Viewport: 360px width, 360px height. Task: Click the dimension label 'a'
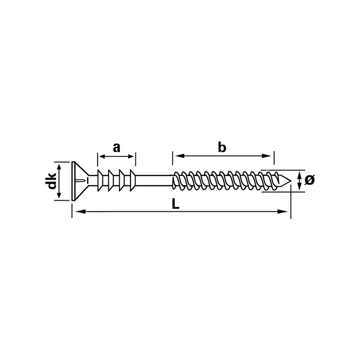117,148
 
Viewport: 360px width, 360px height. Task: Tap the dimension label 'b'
222,147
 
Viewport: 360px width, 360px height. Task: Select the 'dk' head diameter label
52,181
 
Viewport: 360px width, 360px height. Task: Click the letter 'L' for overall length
175,204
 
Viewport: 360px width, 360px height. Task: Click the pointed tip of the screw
291,181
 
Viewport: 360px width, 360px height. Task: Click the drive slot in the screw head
81,181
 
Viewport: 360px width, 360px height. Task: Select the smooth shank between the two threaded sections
154,181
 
